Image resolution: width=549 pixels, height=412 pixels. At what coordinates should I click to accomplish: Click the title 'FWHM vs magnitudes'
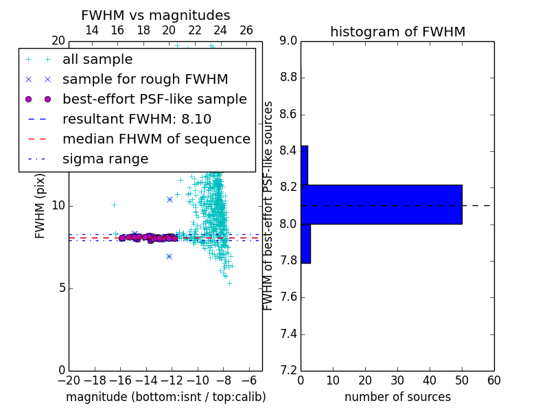pyautogui.click(x=156, y=15)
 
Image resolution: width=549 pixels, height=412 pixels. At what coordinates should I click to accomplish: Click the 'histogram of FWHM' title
pyautogui.click(x=398, y=32)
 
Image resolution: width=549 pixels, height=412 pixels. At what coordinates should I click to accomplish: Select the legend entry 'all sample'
pyautogui.click(x=97, y=60)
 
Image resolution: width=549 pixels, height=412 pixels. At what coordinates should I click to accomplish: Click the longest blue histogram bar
pyautogui.click(x=382, y=204)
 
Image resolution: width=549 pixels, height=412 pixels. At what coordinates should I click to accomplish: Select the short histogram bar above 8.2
pyautogui.click(x=305, y=165)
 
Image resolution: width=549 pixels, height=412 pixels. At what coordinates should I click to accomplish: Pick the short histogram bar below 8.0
pyautogui.click(x=305, y=244)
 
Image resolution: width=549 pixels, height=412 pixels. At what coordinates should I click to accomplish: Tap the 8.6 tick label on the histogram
pyautogui.click(x=288, y=114)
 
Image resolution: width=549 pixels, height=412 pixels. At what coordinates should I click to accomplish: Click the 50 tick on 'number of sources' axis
pyautogui.click(x=462, y=380)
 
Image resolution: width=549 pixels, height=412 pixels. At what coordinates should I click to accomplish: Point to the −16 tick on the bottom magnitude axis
pyautogui.click(x=120, y=380)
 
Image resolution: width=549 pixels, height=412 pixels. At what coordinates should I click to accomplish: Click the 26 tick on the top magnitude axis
pyautogui.click(x=246, y=30)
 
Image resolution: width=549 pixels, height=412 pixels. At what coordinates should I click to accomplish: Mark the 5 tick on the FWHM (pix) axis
pyautogui.click(x=62, y=288)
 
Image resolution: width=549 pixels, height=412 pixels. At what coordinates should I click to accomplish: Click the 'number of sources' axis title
pyautogui.click(x=398, y=397)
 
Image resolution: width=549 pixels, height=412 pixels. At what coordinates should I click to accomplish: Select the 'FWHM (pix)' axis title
pyautogui.click(x=40, y=207)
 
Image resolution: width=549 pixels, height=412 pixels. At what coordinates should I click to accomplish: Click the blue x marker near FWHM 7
pyautogui.click(x=169, y=257)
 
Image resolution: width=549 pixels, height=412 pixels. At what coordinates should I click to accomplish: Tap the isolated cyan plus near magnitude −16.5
pyautogui.click(x=114, y=205)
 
